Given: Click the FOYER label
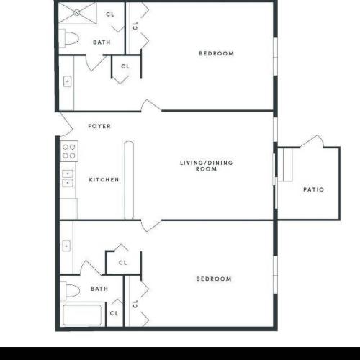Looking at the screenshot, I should click(99, 127).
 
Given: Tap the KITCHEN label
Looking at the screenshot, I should click(104, 180).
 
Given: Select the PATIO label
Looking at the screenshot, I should click(314, 190).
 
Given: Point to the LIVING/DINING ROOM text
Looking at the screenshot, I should click(206, 166).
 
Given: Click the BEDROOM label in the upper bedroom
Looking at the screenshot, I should click(217, 53).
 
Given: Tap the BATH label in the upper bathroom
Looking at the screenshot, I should click(102, 42).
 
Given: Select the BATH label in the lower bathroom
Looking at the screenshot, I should click(99, 289).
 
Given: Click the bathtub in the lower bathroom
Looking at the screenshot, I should click(81, 315).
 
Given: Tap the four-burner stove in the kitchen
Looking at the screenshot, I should click(69, 151).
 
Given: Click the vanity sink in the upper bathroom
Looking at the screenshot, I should click(68, 81).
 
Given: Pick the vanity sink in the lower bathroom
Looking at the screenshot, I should click(67, 246).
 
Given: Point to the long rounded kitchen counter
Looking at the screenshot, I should click(130, 180).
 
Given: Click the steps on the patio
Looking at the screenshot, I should click(286, 166).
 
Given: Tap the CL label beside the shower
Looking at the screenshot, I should click(110, 14).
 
